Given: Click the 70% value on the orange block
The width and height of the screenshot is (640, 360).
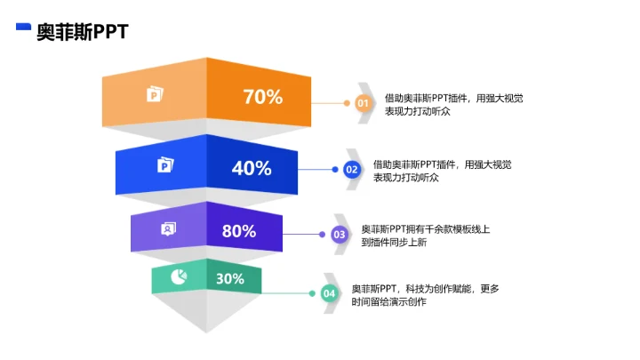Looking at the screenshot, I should pos(262,98).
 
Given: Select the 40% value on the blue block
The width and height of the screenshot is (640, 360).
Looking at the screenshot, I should pos(252,168).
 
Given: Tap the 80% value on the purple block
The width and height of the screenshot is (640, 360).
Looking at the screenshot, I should pos(239,231).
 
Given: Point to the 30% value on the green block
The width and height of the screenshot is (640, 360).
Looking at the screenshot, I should pos(230,278).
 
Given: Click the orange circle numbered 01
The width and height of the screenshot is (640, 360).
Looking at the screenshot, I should pos(362,104).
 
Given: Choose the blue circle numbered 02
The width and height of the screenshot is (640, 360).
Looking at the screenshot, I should pos(351,169).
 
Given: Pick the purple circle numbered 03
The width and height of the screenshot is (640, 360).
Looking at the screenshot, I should pos(340,235).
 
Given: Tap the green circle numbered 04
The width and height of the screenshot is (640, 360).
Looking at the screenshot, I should pos(329,292).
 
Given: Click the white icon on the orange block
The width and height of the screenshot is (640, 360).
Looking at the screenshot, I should pos(155,94).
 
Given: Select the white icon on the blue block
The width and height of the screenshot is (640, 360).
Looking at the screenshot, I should pos(165,165).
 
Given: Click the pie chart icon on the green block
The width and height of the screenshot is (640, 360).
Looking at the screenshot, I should pos(179,276).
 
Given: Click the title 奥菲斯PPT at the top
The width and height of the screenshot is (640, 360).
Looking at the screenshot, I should pos(82,32).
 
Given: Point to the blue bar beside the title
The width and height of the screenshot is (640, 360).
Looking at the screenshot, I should pos(24,28).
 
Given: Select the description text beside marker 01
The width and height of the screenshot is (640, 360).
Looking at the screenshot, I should pos(452,105).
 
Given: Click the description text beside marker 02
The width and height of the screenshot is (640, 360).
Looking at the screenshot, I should pos(442,171).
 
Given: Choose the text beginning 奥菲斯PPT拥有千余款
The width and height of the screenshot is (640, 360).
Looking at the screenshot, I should pos(425,236).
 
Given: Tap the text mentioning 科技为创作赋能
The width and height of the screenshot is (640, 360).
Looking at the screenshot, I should pos(425,295).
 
